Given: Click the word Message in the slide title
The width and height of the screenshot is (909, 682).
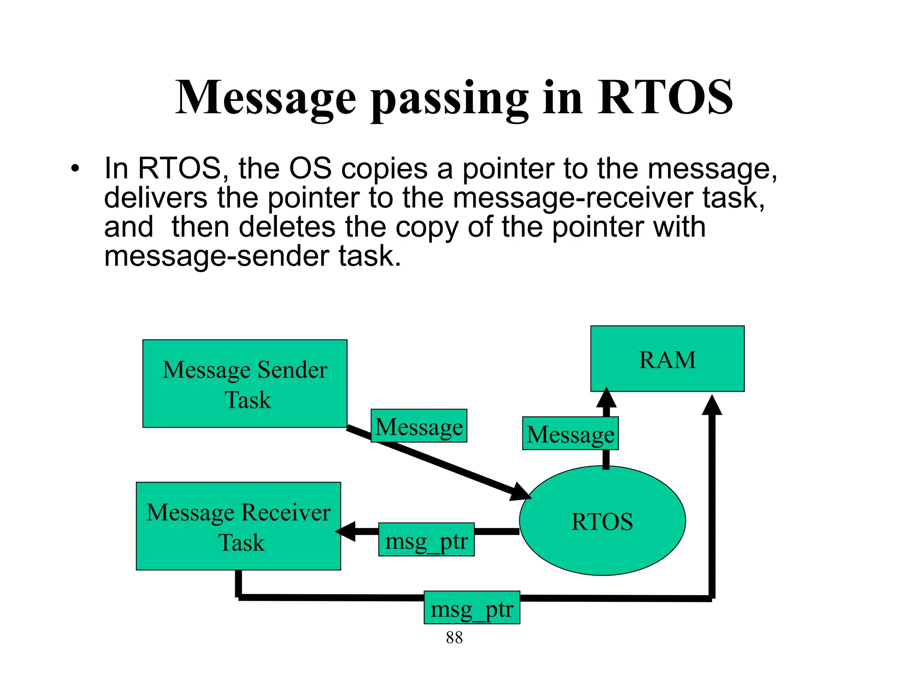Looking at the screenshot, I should (x=265, y=98).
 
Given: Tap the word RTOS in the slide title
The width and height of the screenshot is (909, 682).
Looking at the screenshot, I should (x=665, y=98).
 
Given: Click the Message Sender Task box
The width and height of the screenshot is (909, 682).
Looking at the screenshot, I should (x=245, y=384).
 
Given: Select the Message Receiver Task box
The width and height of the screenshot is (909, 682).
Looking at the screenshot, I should (x=238, y=526).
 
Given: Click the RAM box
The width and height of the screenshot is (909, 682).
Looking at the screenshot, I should (x=667, y=359).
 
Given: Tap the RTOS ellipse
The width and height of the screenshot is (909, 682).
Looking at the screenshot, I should (x=602, y=521).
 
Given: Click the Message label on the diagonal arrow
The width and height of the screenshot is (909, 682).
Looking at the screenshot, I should (x=419, y=426).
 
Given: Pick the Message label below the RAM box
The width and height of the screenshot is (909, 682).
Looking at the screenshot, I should (x=570, y=433).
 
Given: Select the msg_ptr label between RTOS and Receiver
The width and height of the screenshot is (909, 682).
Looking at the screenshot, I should (x=426, y=539).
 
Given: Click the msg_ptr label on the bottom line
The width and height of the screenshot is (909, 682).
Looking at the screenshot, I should (x=472, y=607).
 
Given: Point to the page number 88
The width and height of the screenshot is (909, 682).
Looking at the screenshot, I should (x=454, y=638).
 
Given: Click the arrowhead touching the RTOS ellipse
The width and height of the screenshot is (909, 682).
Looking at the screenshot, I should (x=520, y=492).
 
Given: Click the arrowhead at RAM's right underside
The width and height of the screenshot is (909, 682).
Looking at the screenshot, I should (x=712, y=405).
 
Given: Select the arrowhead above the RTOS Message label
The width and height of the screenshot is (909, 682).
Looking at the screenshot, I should (x=606, y=398).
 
